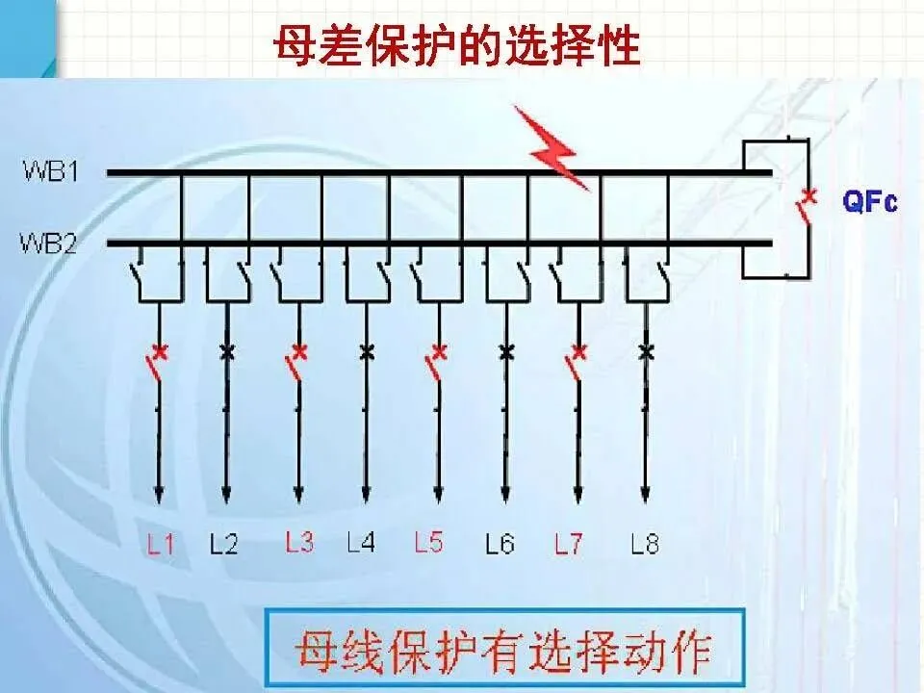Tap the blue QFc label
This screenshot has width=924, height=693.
click(869, 203)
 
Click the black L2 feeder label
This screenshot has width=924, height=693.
click(224, 545)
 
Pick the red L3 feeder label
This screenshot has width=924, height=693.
click(299, 543)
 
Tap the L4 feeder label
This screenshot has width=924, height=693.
click(361, 544)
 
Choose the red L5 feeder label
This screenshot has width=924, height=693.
click(428, 543)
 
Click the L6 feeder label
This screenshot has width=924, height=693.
click(500, 545)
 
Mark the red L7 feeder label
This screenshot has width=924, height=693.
click(568, 545)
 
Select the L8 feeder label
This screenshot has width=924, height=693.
click(645, 545)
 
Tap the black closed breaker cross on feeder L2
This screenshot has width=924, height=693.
click(227, 351)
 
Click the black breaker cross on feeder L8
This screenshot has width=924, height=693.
click(646, 351)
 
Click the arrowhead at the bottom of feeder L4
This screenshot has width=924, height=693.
click(366, 494)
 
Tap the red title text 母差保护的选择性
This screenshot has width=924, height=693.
click(457, 45)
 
